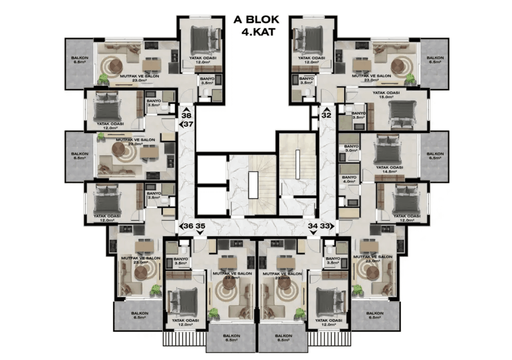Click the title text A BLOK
[256, 20]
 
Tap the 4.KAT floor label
[258, 32]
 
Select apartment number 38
[186, 115]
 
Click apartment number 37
[189, 124]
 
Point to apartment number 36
[189, 226]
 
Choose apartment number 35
[201, 226]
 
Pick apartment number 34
[313, 226]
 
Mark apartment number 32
[326, 115]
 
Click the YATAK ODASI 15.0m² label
[386, 95]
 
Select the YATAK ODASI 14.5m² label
[390, 169]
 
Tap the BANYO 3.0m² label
[351, 148]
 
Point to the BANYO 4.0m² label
[349, 179]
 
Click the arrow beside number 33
[332, 226]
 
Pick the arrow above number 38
[186, 109]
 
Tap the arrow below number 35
[200, 232]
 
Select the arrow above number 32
[326, 109]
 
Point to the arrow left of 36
[181, 226]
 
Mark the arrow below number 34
[313, 232]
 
